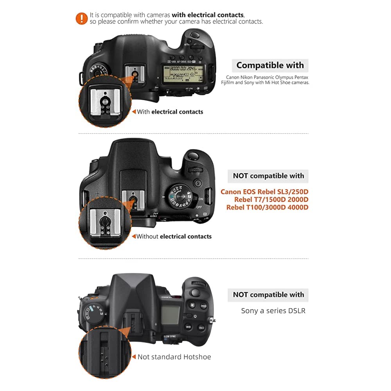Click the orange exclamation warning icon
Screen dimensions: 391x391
(81, 18)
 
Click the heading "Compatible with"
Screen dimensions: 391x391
(270, 65)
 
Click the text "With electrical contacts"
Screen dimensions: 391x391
(170, 112)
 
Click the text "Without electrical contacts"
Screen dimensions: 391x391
(174, 237)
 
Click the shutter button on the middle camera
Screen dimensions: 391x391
(192, 156)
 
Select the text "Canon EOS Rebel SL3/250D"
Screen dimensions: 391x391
(264, 192)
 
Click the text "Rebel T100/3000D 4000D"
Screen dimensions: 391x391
(267, 207)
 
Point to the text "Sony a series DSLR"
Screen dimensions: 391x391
(273, 311)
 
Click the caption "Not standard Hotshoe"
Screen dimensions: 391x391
(174, 357)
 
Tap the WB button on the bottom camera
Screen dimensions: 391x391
(188, 326)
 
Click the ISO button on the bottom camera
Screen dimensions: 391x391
(201, 328)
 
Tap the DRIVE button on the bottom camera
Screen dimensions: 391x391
(204, 306)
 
